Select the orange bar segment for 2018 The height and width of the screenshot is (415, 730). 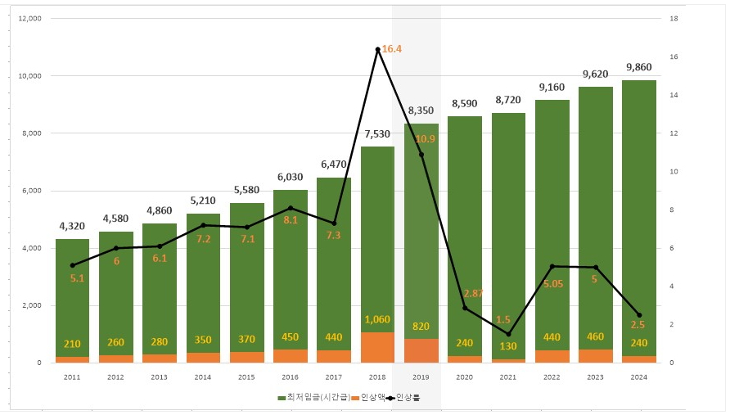coord(377,347)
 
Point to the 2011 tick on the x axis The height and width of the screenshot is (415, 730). coord(72,377)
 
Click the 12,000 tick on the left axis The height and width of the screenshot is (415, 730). coord(29,18)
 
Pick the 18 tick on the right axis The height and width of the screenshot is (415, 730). coord(673,18)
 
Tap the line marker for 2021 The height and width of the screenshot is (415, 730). coord(508,334)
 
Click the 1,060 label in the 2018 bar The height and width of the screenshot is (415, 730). coord(377,319)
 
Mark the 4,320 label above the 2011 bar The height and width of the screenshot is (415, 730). coord(72,226)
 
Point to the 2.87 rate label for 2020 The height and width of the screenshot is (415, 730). coord(475,293)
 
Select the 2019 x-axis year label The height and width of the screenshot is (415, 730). coord(421,377)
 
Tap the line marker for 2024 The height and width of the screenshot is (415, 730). coord(639,315)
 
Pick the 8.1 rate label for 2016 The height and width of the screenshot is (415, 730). coord(291,219)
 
